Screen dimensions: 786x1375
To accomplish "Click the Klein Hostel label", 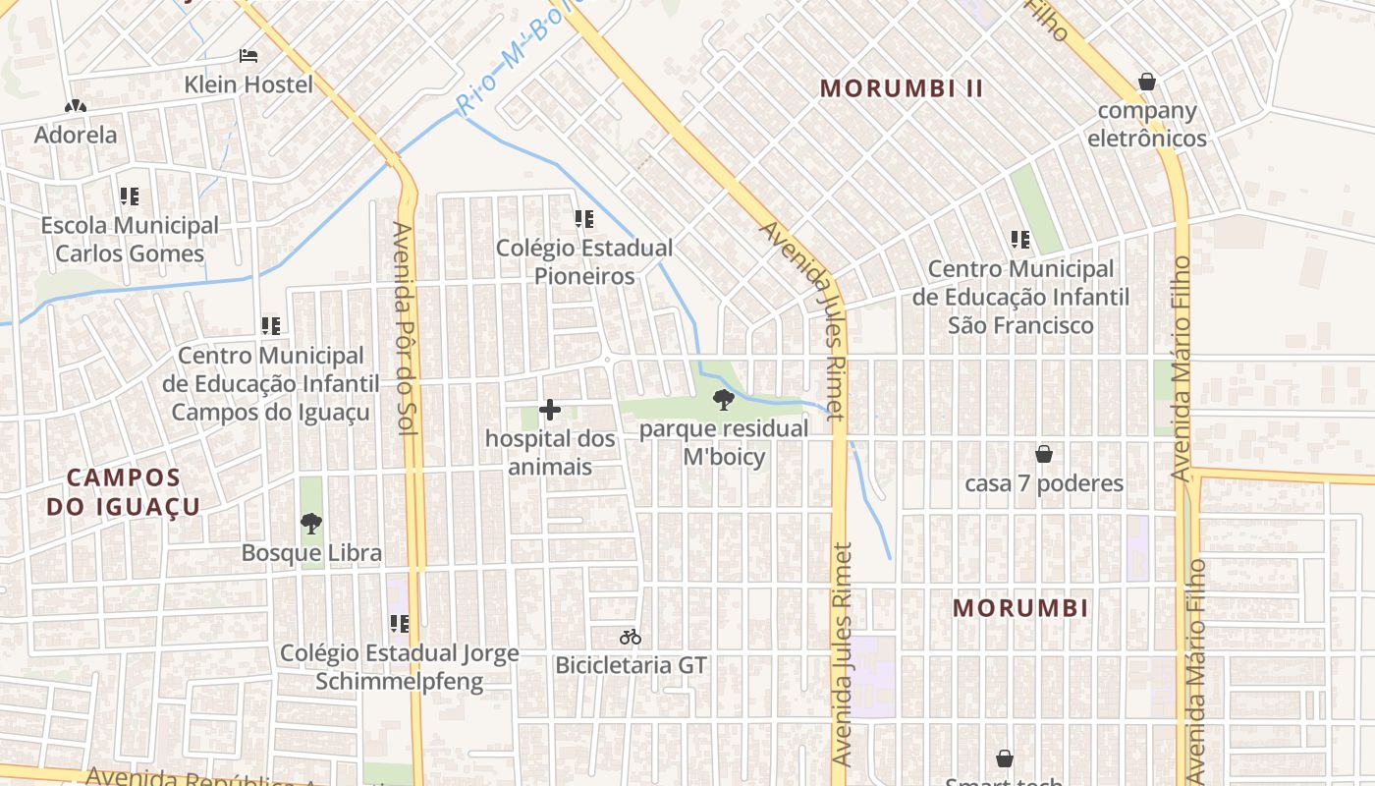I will (248, 84).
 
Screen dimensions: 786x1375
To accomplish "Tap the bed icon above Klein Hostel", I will (248, 55).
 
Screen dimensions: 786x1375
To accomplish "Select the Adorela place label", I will (76, 135).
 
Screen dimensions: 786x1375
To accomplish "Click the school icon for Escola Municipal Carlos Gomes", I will (130, 196).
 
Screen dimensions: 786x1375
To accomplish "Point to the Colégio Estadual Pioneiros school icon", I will (584, 219).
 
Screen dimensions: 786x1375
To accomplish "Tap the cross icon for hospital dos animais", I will (550, 410).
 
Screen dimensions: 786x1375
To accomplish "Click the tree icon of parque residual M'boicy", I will (724, 399).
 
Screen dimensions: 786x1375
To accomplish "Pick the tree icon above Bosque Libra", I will (311, 524).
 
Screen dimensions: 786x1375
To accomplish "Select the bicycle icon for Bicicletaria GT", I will (631, 637).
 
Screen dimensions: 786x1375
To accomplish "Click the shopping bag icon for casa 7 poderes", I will (1044, 454).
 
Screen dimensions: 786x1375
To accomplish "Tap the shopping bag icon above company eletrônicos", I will (1146, 82).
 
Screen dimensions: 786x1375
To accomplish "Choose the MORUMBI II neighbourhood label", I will (902, 88).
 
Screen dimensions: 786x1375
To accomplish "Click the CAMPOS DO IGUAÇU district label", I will (124, 492).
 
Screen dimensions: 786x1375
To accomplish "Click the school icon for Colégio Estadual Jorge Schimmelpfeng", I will (400, 624).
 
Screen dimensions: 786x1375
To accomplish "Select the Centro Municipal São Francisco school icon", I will (1020, 240).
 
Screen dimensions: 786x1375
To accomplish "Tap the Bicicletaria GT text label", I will (631, 665).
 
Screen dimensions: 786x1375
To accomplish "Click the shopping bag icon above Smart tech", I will (1005, 758).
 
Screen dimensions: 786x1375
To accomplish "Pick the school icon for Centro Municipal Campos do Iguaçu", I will (271, 326).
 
